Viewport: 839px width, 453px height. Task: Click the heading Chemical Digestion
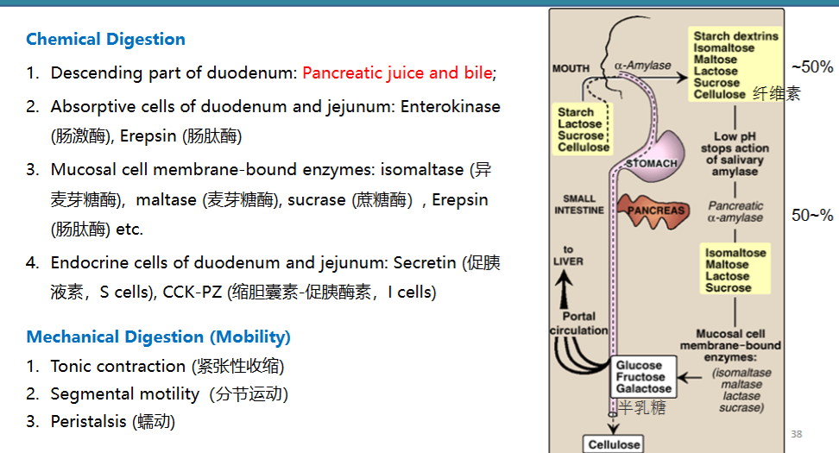click(105, 39)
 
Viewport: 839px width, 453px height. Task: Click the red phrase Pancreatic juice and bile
click(397, 72)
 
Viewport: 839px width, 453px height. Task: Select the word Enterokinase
click(451, 106)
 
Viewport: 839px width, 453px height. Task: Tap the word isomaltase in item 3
click(422, 169)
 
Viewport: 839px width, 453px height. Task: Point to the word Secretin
click(426, 262)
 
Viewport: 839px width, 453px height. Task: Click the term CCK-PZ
click(192, 292)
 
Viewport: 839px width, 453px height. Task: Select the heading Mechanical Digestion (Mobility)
click(158, 337)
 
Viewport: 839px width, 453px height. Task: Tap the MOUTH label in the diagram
click(571, 68)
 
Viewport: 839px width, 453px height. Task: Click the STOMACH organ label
click(652, 163)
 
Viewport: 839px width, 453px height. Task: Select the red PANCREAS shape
click(653, 211)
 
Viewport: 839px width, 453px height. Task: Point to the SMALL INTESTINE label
click(579, 204)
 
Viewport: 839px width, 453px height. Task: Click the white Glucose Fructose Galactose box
click(644, 377)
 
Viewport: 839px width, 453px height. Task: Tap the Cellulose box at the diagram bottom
click(614, 444)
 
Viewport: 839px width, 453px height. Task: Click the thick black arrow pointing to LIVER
click(563, 289)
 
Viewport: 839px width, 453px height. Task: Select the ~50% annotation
click(812, 66)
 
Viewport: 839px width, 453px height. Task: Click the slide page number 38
click(796, 434)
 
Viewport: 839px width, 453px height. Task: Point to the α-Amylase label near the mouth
click(642, 66)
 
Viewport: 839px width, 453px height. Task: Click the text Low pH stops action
click(735, 142)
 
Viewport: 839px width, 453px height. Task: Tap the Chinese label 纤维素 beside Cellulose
click(776, 93)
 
